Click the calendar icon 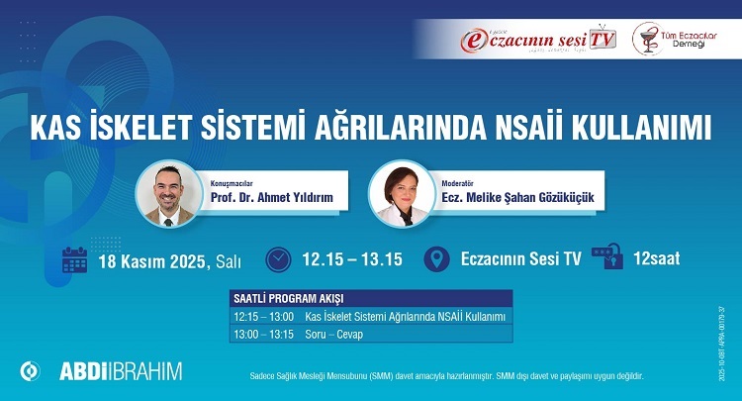click(x=75, y=259)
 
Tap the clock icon click(x=280, y=259)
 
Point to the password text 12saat click(x=658, y=259)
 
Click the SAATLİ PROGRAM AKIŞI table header click(x=288, y=298)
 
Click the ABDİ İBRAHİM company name click(x=120, y=371)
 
